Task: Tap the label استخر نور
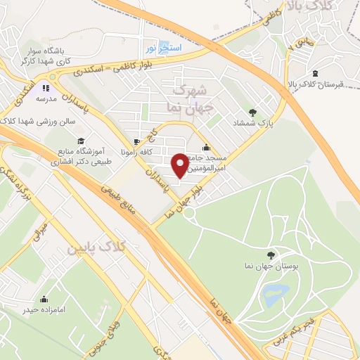point(163,47)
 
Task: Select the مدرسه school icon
point(46,89)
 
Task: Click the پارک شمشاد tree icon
point(252,112)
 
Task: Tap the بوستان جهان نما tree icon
point(271,255)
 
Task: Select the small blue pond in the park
point(271,297)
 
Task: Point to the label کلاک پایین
point(96,248)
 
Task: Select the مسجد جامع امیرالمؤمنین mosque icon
point(205,148)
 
